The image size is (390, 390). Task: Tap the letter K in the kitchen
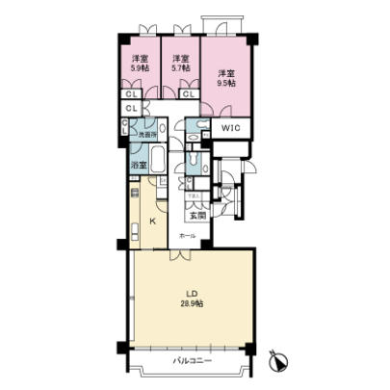[x=152, y=221]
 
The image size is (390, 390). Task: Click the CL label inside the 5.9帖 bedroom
[x=130, y=93]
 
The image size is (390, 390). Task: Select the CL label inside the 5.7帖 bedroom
[x=188, y=93]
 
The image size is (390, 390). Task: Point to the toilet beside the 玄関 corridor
[x=195, y=165]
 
